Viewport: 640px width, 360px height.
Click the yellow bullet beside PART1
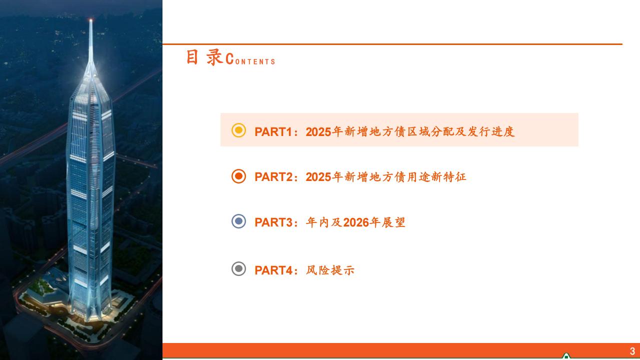[238, 130]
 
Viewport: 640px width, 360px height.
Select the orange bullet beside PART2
[238, 176]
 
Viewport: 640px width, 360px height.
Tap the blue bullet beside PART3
[238, 221]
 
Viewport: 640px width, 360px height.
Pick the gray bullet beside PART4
[238, 269]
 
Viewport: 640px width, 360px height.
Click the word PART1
[273, 131]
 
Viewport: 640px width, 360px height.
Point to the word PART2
[273, 177]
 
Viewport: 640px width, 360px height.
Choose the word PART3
[273, 222]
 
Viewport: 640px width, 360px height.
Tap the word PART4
[273, 270]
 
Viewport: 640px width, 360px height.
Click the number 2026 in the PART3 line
[355, 222]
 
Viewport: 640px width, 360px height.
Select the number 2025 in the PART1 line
[318, 131]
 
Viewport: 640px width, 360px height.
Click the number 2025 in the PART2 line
[318, 177]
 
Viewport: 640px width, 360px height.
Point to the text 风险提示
[330, 270]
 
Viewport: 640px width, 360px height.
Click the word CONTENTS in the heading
[250, 59]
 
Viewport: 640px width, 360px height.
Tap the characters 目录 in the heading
[204, 57]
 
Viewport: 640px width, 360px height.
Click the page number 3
[632, 351]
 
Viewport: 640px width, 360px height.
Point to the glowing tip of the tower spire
[91, 20]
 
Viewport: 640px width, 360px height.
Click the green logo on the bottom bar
[566, 356]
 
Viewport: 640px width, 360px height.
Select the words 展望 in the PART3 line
[393, 222]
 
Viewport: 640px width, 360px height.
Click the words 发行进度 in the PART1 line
[491, 131]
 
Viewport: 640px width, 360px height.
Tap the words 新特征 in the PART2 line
[448, 177]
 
